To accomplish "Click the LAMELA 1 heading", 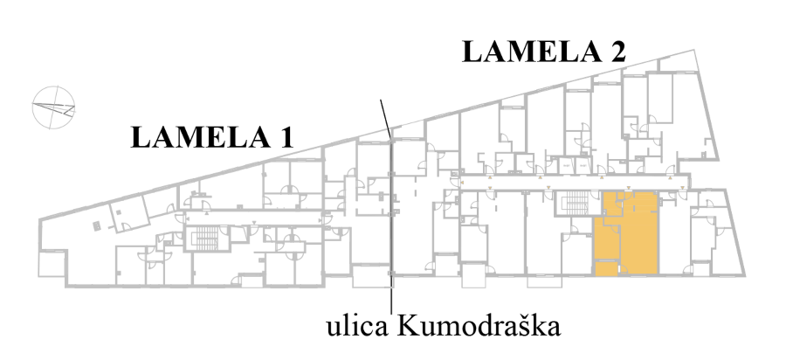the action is (211, 137).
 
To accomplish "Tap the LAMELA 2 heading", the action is (544, 52).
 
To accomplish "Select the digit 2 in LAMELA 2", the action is (617, 52).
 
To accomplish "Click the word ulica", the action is (357, 327).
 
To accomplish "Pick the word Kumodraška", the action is (479, 327).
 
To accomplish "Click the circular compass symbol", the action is (53, 107).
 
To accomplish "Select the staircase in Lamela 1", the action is (204, 238).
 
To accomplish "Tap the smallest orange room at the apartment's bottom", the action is (606, 269).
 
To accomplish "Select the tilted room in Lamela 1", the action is (129, 213).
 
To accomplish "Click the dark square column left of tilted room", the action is (97, 226).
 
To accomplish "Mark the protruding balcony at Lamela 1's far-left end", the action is (52, 264).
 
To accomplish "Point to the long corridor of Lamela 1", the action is (255, 218).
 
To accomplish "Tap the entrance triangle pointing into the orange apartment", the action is (629, 188).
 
